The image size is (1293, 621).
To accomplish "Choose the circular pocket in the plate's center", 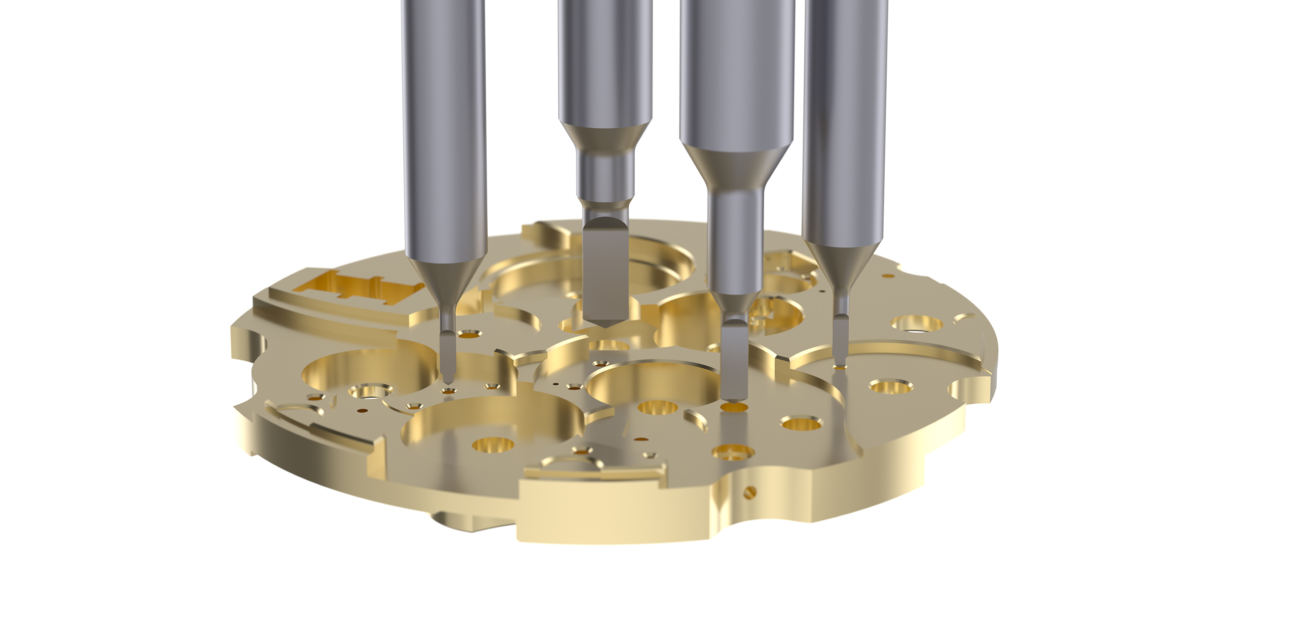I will [652, 382].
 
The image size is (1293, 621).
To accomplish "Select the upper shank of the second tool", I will [605, 60].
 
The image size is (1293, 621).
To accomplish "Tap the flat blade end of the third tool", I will [734, 362].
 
